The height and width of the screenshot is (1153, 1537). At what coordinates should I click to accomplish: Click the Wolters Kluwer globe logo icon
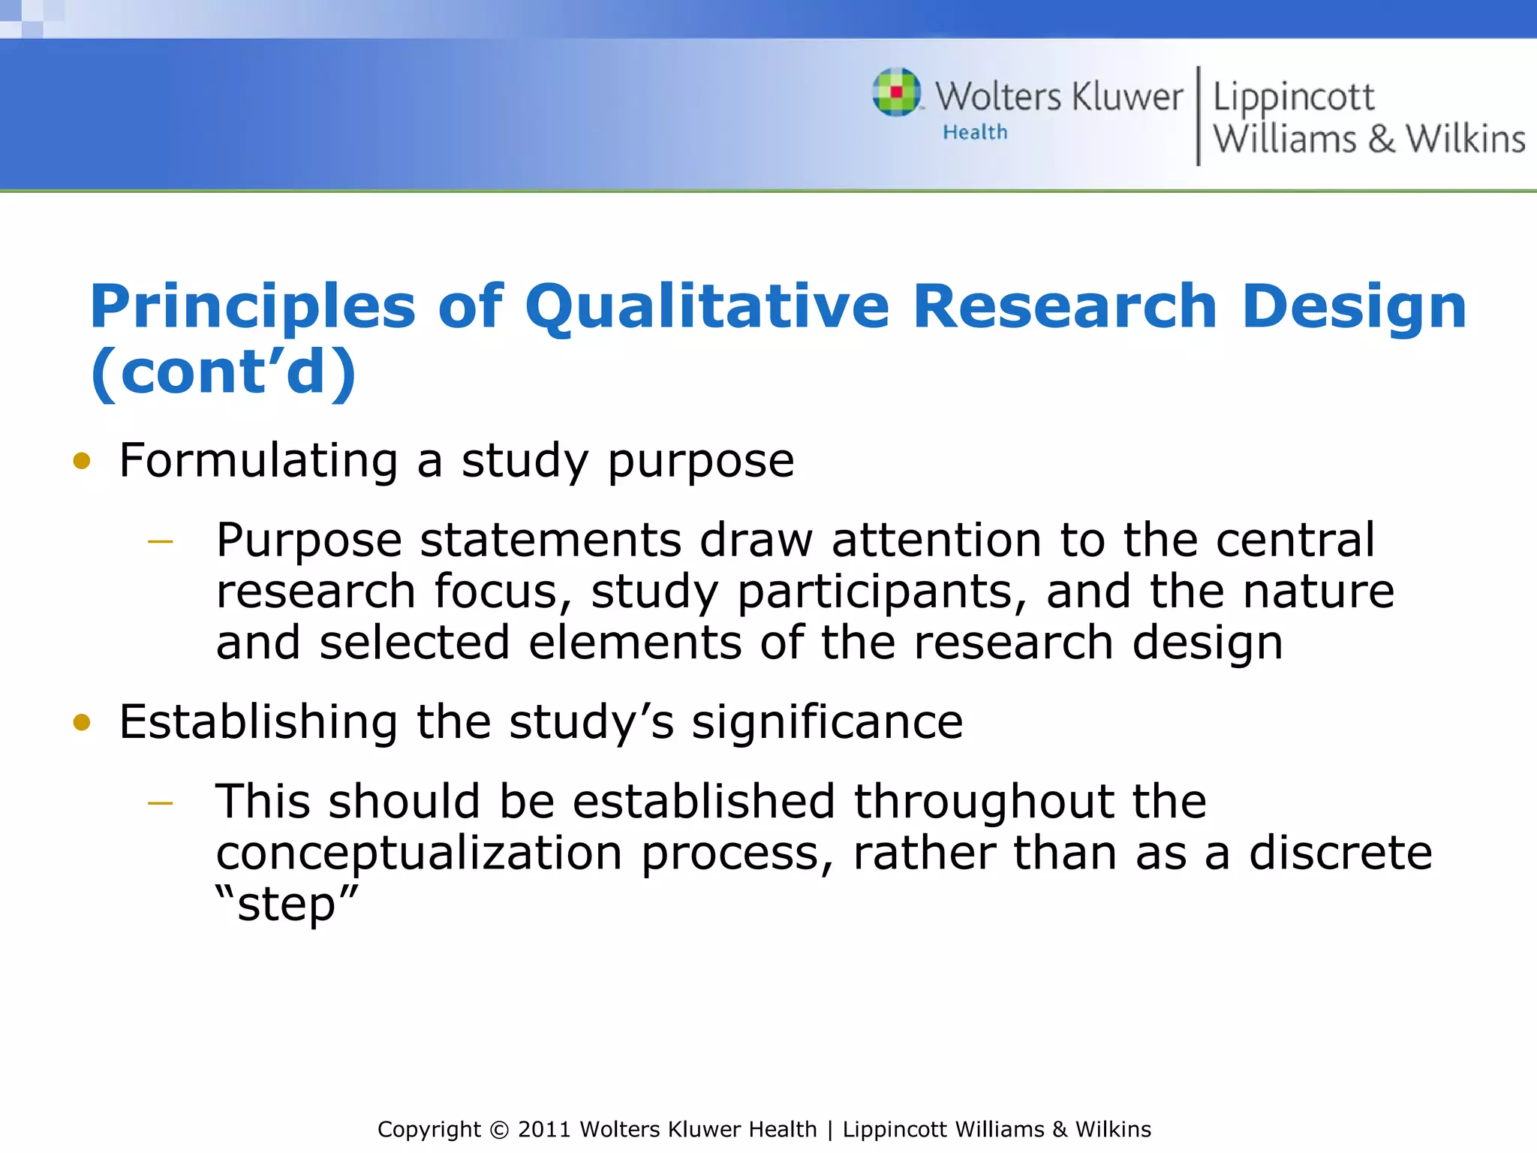[x=897, y=92]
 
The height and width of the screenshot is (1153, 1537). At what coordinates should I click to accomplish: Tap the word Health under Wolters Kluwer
[x=975, y=133]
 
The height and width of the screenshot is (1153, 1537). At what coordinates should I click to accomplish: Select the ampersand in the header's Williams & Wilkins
[x=1381, y=140]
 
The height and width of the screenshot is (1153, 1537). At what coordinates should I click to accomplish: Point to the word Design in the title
[x=1354, y=307]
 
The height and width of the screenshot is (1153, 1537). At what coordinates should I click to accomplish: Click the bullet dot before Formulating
[x=82, y=461]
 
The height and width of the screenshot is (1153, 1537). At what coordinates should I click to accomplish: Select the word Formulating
[x=258, y=461]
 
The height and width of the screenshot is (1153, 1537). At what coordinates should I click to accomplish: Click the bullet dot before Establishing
[x=82, y=722]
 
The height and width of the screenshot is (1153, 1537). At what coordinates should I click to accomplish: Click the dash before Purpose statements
[x=161, y=541]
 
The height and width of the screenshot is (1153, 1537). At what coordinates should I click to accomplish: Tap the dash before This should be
[x=161, y=803]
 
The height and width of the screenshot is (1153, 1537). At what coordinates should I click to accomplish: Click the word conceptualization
[x=419, y=853]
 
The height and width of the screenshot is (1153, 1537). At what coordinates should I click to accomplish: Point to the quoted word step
[x=287, y=904]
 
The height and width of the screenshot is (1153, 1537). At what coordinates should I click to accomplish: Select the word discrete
[x=1340, y=853]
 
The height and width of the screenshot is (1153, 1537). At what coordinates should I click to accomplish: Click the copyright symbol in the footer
[x=499, y=1130]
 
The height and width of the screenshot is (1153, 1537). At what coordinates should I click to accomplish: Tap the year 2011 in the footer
[x=545, y=1130]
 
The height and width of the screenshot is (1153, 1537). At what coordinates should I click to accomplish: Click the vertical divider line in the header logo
[x=1198, y=116]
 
